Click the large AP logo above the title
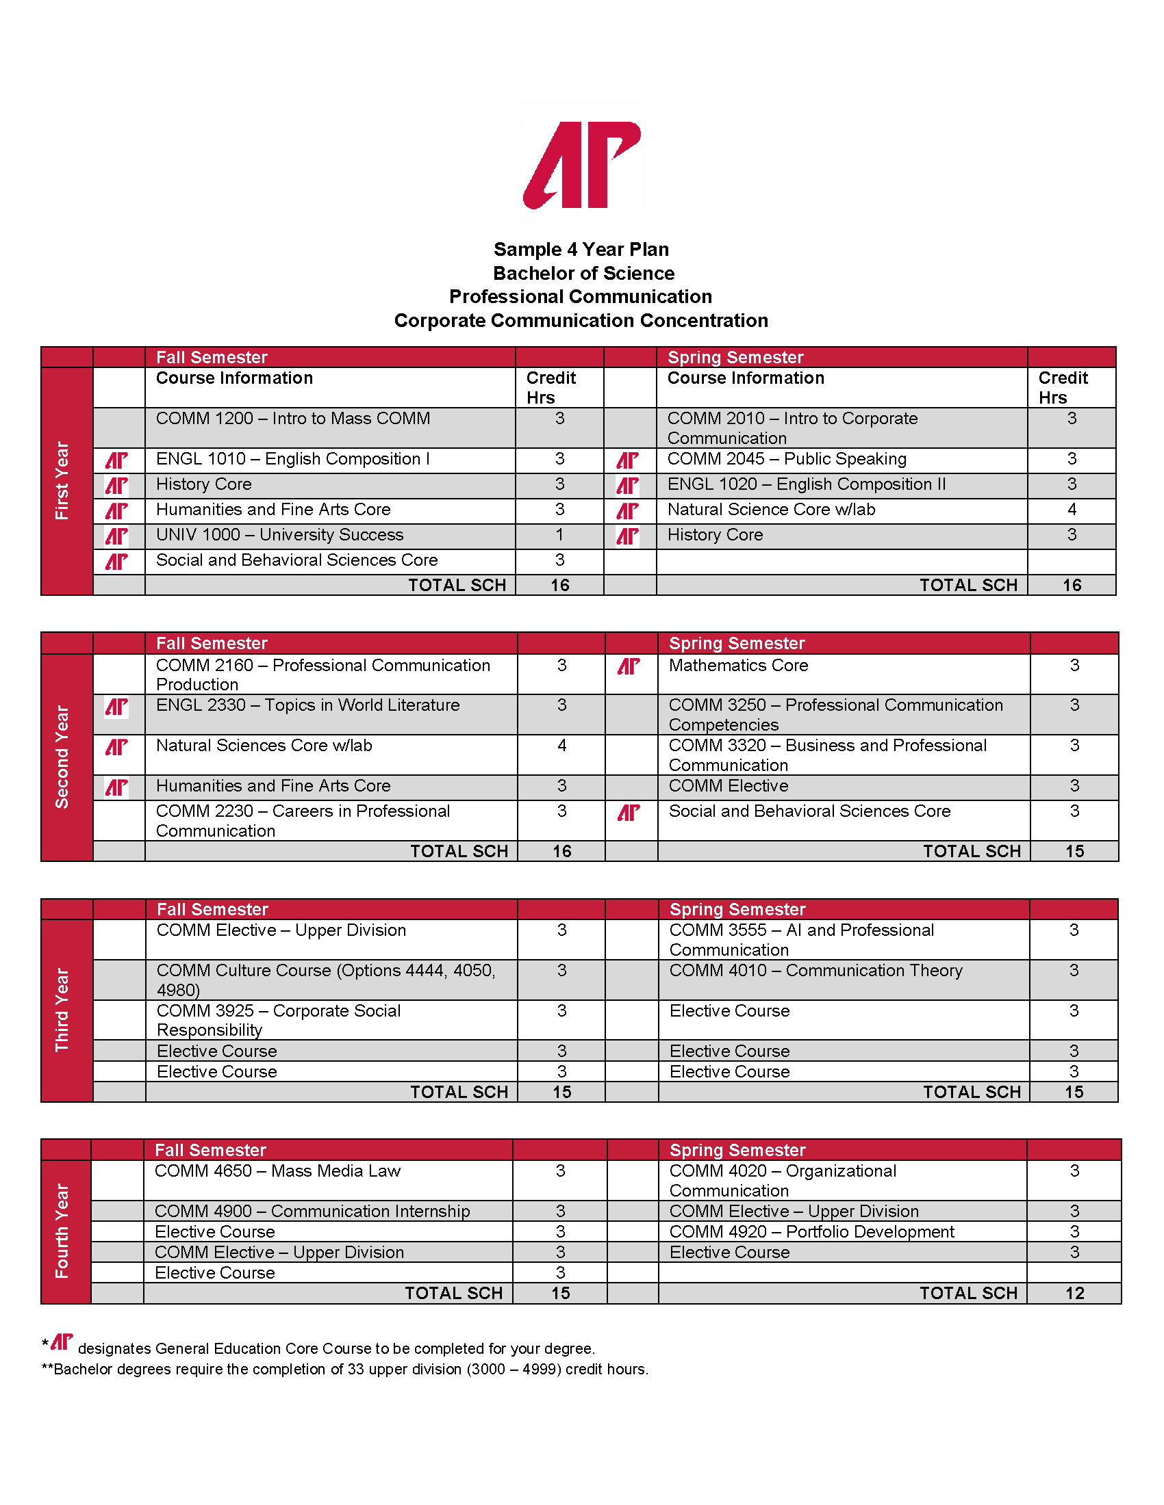click(x=581, y=166)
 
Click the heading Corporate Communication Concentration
click(x=581, y=320)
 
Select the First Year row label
click(x=62, y=480)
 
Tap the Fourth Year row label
click(x=62, y=1231)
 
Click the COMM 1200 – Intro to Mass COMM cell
click(x=292, y=419)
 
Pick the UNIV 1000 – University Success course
click(x=279, y=535)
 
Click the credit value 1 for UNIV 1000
click(x=559, y=535)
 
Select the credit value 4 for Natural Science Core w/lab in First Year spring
click(x=1072, y=510)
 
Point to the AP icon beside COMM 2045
click(x=627, y=460)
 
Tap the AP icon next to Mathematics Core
click(x=629, y=666)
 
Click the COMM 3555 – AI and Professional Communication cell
click(x=801, y=939)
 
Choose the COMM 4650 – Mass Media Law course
click(x=277, y=1170)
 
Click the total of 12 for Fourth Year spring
click(x=1074, y=1293)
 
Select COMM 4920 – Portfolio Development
click(x=811, y=1231)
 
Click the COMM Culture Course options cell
click(x=325, y=979)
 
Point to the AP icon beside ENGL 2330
click(x=116, y=707)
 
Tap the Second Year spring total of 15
click(x=1074, y=851)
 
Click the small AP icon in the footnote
click(x=62, y=1342)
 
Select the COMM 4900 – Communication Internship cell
click(x=312, y=1211)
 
